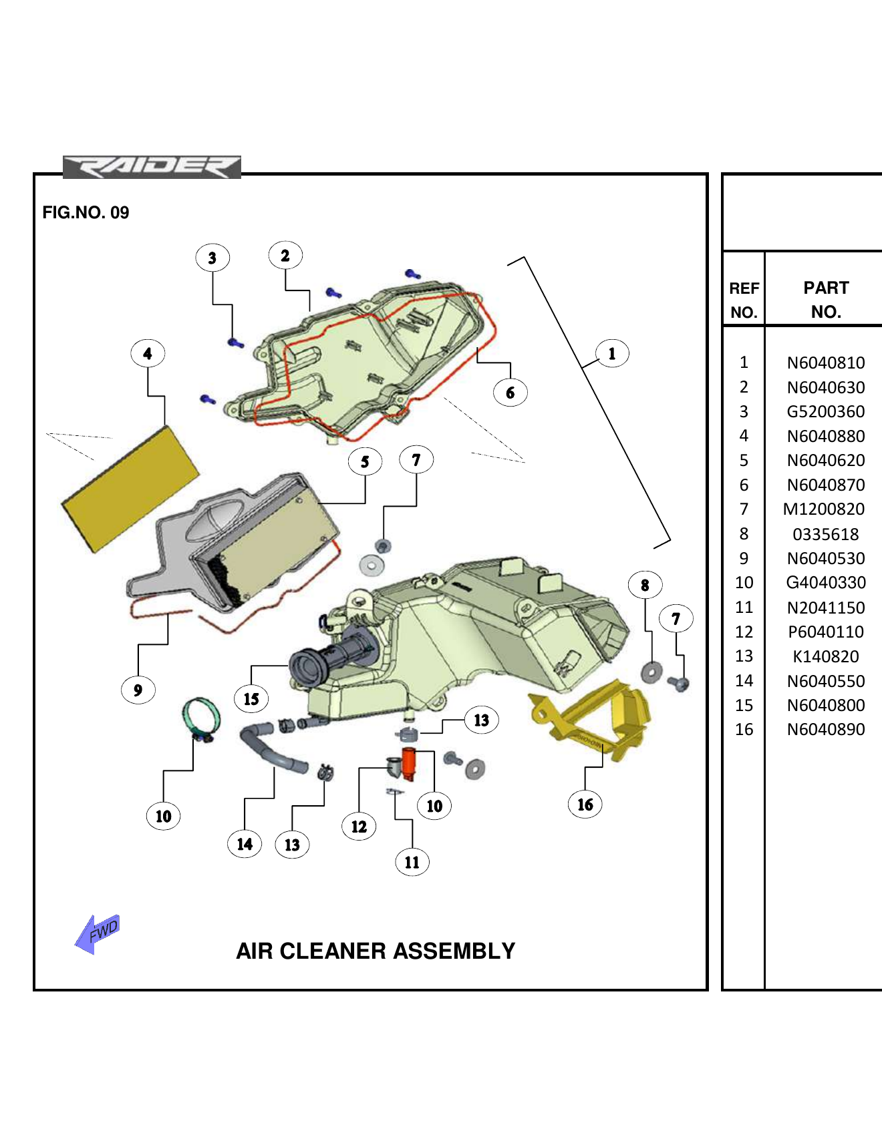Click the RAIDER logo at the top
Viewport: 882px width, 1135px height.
click(152, 167)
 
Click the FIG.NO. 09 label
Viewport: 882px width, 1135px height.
click(86, 212)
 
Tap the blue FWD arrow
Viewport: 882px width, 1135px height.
click(98, 933)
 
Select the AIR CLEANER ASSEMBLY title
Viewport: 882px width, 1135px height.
click(376, 951)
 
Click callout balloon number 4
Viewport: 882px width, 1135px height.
click(148, 354)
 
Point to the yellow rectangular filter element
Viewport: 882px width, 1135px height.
click(130, 489)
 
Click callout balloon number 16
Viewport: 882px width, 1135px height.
click(585, 805)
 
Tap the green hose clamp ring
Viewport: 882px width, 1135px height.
click(200, 717)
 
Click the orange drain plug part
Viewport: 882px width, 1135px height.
click(408, 763)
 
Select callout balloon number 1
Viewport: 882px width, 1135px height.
click(611, 353)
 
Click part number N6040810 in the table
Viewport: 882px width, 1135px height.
click(825, 363)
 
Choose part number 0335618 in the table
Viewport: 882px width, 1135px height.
click(825, 534)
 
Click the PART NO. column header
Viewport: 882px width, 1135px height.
click(825, 300)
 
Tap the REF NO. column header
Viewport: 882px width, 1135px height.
click(744, 300)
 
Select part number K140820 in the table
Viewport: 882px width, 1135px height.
click(825, 656)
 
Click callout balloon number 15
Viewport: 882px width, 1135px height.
click(251, 699)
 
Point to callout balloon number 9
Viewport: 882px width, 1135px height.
click(138, 690)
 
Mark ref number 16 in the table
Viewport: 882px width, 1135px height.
click(744, 729)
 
